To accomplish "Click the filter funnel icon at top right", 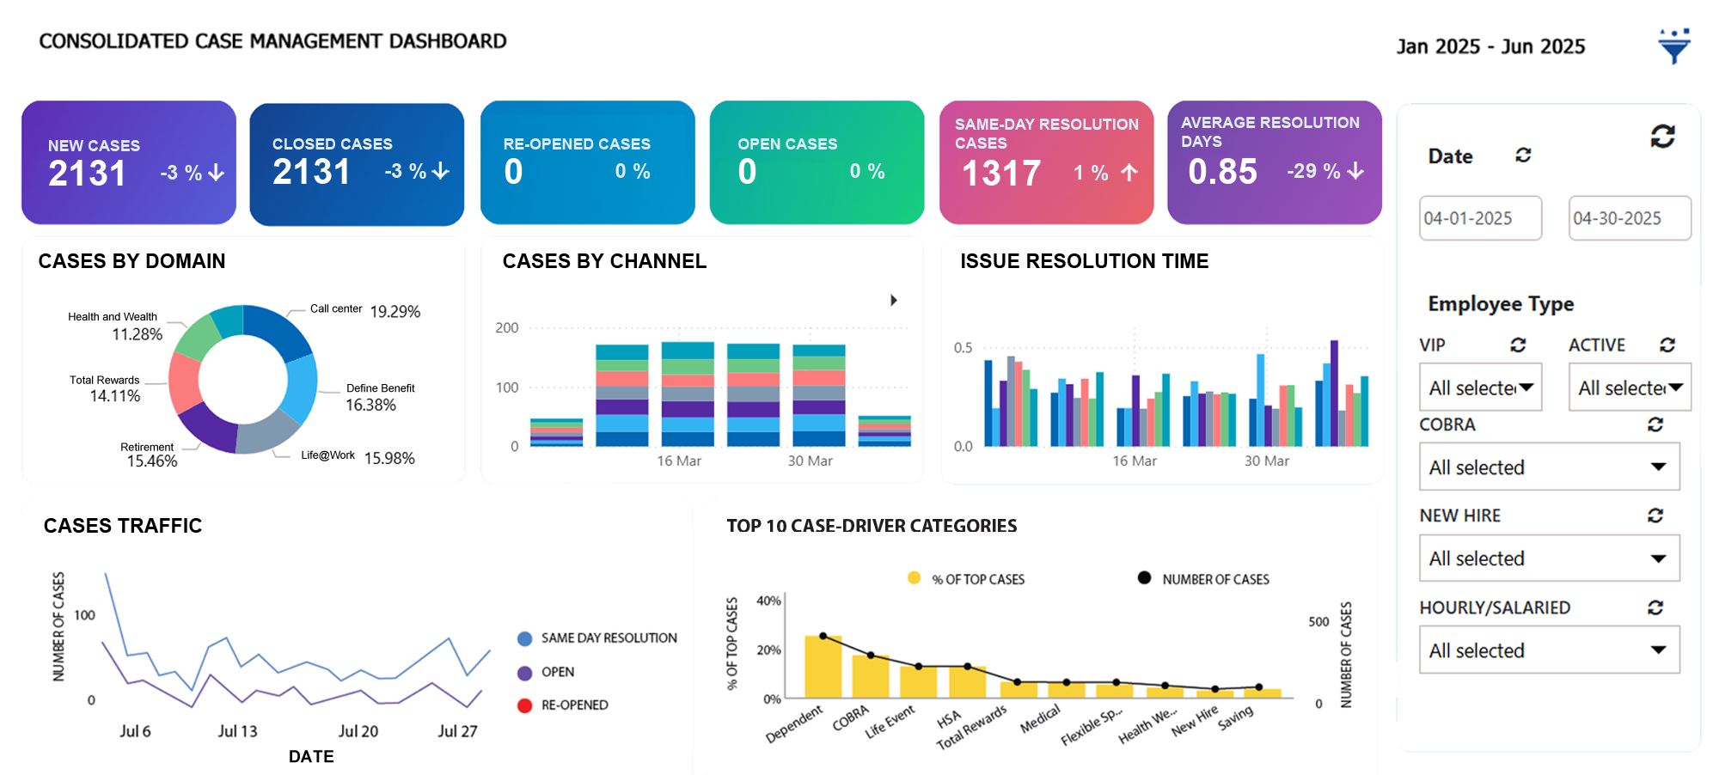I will click(x=1673, y=46).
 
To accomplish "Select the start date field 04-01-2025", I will click(x=1479, y=218).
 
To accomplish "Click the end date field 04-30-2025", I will click(x=1629, y=218).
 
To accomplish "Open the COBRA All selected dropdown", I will click(x=1549, y=467).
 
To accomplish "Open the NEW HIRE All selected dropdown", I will click(x=1549, y=558).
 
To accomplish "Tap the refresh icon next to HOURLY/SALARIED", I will click(x=1655, y=607).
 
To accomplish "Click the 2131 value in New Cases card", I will click(x=88, y=174).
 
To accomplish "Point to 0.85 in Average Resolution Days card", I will click(x=1222, y=172).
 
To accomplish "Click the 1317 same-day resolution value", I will click(x=1001, y=174).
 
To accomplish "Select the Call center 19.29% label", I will click(x=395, y=311).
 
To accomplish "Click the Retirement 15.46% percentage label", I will click(x=152, y=461).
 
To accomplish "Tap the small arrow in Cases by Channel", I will click(x=894, y=300).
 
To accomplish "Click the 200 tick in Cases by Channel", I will click(x=507, y=327).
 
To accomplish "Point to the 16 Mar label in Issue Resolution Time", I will click(x=1134, y=461).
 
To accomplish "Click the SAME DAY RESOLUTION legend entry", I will click(x=608, y=638).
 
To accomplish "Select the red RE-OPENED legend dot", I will click(x=525, y=705).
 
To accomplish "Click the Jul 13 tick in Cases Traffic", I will click(x=237, y=731).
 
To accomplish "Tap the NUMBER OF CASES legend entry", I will click(x=1214, y=579).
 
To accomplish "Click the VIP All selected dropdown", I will click(x=1480, y=387).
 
